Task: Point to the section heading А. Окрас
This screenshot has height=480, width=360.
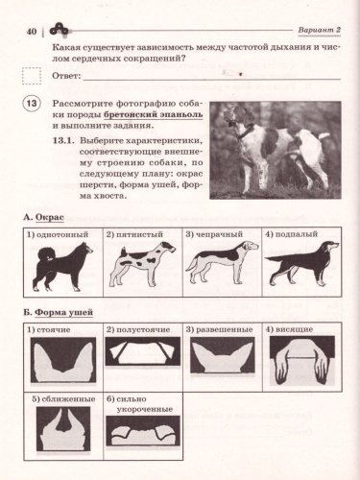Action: coord(43,218)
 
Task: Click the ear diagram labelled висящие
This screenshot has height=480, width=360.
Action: coord(301,364)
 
